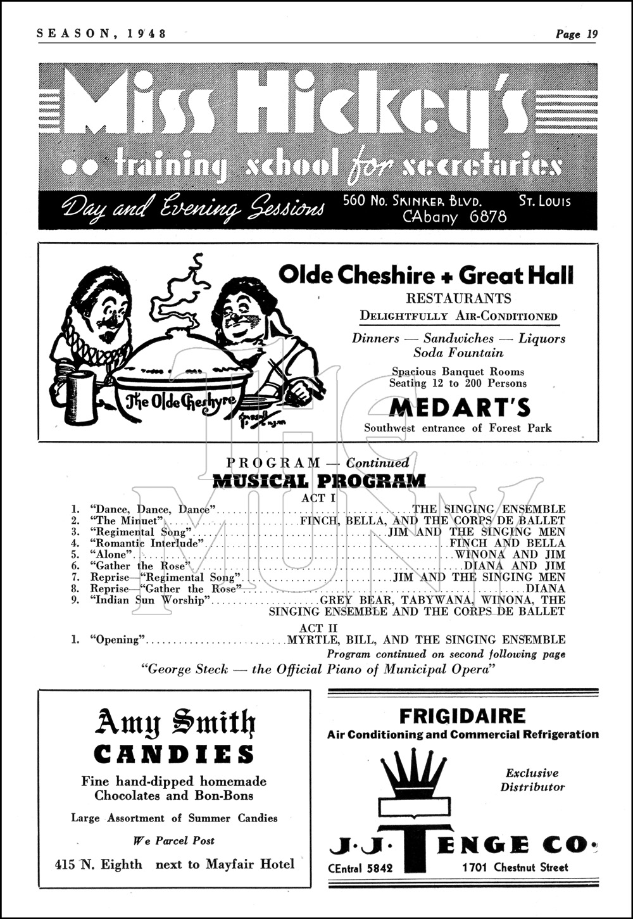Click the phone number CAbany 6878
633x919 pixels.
pyautogui.click(x=454, y=217)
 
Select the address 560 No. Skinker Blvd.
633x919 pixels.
pyautogui.click(x=412, y=201)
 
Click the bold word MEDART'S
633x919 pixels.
pyautogui.click(x=460, y=408)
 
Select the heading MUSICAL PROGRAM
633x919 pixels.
pyautogui.click(x=318, y=481)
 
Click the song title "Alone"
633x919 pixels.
pyautogui.click(x=110, y=555)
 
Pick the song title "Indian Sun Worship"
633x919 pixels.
pyautogui.click(x=149, y=600)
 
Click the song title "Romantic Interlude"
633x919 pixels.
pyautogui.click(x=148, y=543)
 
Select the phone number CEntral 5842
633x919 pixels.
pyautogui.click(x=361, y=868)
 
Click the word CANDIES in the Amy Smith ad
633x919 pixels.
pyautogui.click(x=174, y=754)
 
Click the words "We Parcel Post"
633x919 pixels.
pyautogui.click(x=174, y=841)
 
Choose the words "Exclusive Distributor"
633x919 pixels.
pyautogui.click(x=532, y=780)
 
